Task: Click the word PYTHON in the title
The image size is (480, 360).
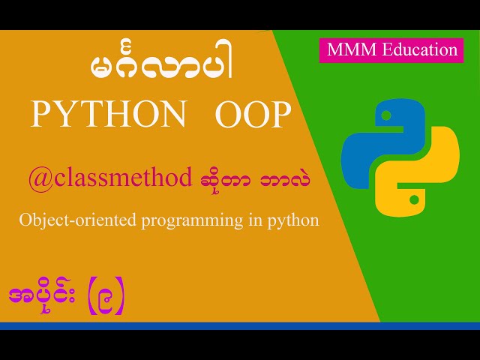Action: click(108, 115)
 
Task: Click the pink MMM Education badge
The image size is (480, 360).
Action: click(391, 50)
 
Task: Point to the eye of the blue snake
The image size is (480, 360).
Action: click(385, 117)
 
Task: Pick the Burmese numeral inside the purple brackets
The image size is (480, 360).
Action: click(103, 298)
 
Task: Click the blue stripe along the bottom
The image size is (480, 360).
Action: click(240, 325)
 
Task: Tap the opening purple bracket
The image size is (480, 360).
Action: click(87, 298)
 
